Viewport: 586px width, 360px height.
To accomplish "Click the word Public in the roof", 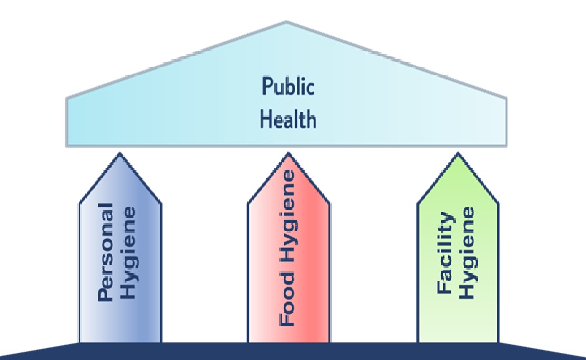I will click(287, 87).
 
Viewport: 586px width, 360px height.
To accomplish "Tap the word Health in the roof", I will click(287, 119).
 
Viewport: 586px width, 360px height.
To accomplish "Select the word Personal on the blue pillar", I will click(107, 252).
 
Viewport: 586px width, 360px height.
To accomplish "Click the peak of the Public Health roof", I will click(286, 22).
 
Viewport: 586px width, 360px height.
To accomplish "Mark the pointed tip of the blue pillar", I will click(120, 153).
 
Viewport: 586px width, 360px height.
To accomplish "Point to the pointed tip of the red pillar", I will click(288, 153).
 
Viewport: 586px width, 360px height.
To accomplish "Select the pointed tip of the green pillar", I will click(458, 153).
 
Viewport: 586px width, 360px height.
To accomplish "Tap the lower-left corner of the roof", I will click(67, 146).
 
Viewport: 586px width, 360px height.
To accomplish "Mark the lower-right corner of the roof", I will click(506, 146).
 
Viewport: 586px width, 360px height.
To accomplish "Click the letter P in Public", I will click(266, 87).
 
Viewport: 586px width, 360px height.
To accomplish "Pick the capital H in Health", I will click(264, 119).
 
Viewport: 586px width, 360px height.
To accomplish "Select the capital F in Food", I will click(287, 321).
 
